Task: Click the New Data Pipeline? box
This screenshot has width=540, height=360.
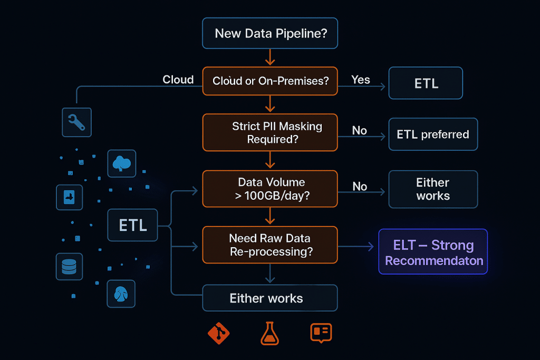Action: (269, 34)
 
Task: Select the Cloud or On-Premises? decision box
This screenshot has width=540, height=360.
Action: (269, 81)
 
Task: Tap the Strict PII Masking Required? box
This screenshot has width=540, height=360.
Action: (269, 133)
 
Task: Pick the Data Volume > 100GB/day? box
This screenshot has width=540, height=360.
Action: (269, 189)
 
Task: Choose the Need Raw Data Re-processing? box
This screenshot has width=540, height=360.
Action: (269, 245)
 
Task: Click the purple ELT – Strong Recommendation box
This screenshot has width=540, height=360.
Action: (433, 252)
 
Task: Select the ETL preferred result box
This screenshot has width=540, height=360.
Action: (433, 134)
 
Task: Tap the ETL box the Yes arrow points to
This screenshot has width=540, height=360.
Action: (426, 83)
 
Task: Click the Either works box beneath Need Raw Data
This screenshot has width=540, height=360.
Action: (269, 298)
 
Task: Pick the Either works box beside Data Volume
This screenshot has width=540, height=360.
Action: (433, 189)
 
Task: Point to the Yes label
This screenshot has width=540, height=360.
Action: (361, 80)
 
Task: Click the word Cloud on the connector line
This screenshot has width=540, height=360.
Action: (178, 80)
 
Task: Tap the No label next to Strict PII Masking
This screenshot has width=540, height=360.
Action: (360, 131)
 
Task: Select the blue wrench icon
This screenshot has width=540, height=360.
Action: (76, 123)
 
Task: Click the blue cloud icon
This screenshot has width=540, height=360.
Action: (121, 163)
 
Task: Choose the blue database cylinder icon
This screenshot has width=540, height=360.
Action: (69, 267)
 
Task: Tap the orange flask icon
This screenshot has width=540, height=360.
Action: (269, 334)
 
